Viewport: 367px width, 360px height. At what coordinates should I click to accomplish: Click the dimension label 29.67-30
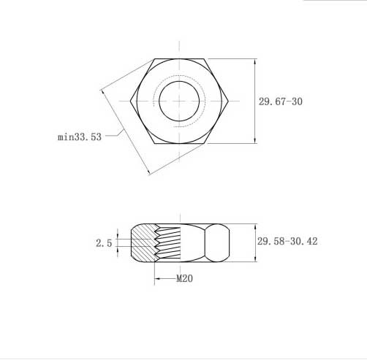tap(280, 102)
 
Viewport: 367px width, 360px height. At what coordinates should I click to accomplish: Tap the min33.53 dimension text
tap(80, 137)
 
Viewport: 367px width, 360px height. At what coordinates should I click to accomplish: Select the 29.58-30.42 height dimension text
tap(287, 241)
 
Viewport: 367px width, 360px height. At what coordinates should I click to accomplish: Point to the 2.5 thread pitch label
tap(104, 243)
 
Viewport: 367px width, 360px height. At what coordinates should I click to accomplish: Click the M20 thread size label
tap(184, 278)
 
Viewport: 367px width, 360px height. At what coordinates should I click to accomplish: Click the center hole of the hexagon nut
tap(179, 101)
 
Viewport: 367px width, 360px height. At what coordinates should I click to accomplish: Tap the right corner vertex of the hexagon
tap(228, 101)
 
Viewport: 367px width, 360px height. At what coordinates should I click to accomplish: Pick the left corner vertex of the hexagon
tap(130, 101)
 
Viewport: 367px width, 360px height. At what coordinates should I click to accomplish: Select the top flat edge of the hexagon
tap(179, 58)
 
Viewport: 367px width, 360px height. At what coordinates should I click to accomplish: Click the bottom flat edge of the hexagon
tap(179, 143)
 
